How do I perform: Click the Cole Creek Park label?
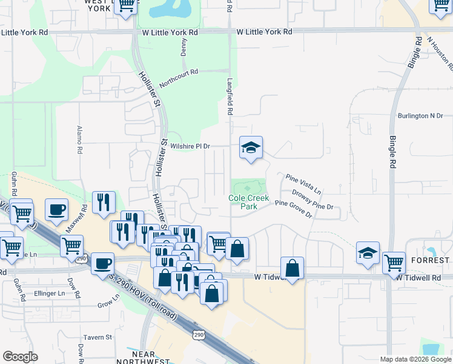pos(248,202)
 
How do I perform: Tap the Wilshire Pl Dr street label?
pos(190,146)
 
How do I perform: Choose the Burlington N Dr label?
pos(420,115)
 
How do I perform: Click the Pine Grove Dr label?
pos(293,209)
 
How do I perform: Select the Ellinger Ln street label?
pos(50,293)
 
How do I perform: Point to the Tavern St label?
pos(98,337)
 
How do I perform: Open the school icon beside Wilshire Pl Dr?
pos(251,147)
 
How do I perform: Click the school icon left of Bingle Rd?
pos(368,253)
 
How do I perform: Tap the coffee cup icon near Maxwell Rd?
pos(56,210)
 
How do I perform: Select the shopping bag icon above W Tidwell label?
pos(292,268)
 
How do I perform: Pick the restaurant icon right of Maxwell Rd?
pos(104,203)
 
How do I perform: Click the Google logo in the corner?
pos(20,357)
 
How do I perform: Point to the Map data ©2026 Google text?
pos(415,359)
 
